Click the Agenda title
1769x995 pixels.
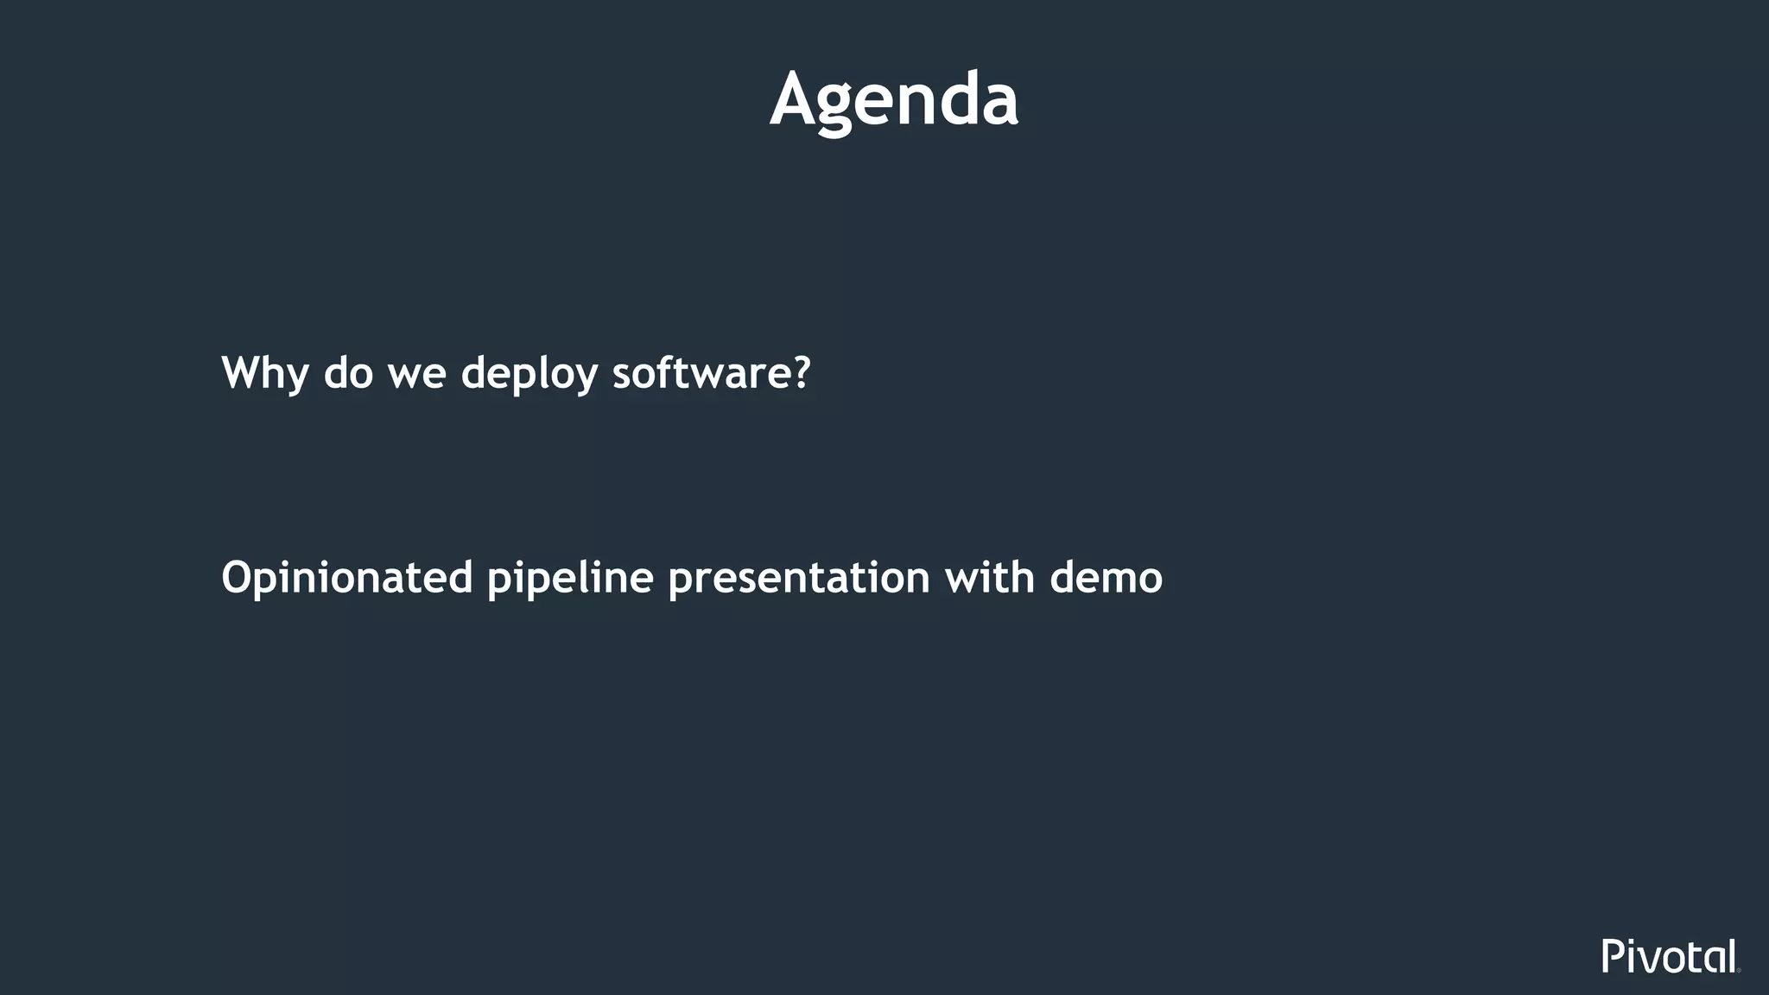coord(894,100)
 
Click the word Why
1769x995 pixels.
coord(265,373)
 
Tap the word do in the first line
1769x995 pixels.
coord(348,373)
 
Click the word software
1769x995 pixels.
coord(699,373)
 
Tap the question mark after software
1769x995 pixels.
coord(801,373)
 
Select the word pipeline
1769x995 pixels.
coord(570,578)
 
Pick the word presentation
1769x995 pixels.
coord(799,578)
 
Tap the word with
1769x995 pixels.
coord(990,576)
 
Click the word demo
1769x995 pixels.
coord(1106,578)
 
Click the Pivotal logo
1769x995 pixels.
coord(1670,956)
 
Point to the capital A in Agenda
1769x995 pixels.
coord(796,100)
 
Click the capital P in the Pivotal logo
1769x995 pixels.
coord(1613,956)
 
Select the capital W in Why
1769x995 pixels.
coord(245,373)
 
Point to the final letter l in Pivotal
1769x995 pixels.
coord(1732,955)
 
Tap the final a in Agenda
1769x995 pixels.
coord(999,105)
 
